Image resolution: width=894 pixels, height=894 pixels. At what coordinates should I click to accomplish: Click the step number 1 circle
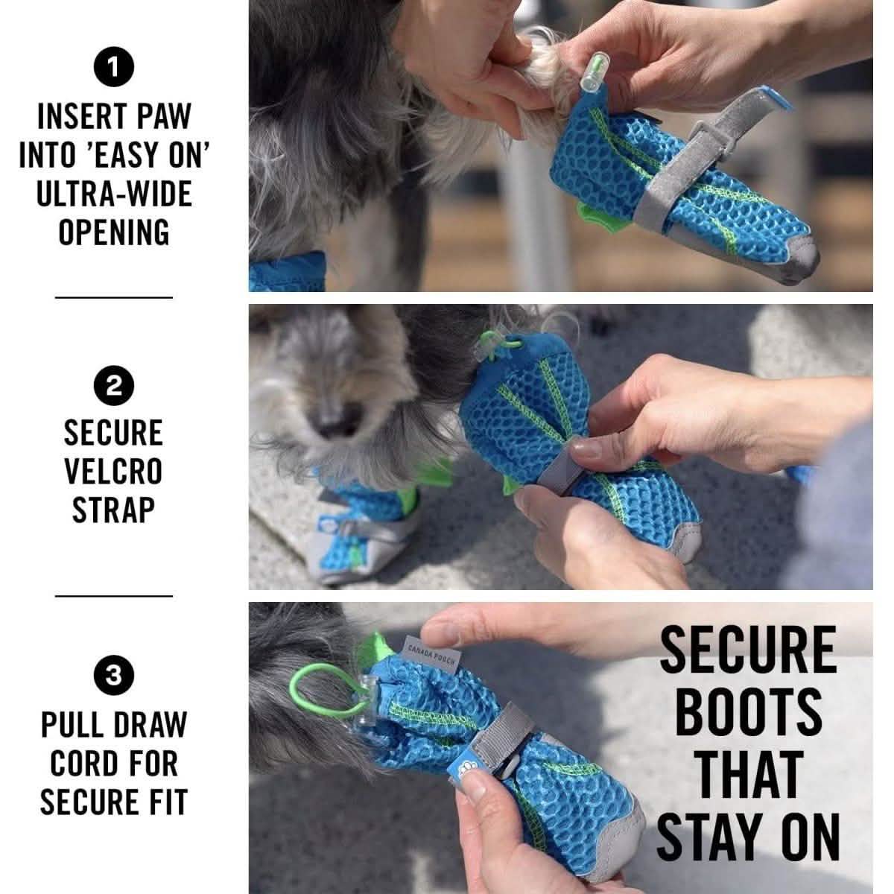tap(113, 69)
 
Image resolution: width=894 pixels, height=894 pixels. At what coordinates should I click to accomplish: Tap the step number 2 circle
tap(113, 386)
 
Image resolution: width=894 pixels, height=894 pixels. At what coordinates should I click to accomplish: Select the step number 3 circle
tap(113, 675)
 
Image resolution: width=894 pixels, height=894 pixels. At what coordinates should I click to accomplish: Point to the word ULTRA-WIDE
tap(114, 194)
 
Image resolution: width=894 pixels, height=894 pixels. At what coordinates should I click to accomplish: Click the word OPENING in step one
tap(114, 232)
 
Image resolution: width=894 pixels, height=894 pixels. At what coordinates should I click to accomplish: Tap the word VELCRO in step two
tap(113, 471)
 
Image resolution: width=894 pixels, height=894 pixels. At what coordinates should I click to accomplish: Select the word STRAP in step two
tap(113, 510)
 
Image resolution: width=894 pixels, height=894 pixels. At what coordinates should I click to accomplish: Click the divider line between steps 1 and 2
tap(113, 297)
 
